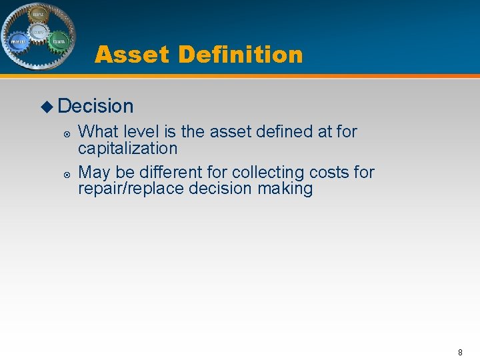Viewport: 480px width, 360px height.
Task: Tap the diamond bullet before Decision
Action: pos(47,106)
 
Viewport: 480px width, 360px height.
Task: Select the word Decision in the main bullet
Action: pos(96,106)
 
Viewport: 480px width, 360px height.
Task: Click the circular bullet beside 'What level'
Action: pos(67,133)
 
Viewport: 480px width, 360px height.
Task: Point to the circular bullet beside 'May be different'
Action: pos(67,174)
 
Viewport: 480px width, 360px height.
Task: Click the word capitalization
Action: pos(128,148)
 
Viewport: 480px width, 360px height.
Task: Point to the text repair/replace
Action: pos(131,189)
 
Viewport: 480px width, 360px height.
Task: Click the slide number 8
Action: pos(460,352)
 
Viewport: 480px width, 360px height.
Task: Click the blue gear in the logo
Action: pos(18,41)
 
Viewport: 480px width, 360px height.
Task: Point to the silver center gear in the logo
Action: pos(38,31)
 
